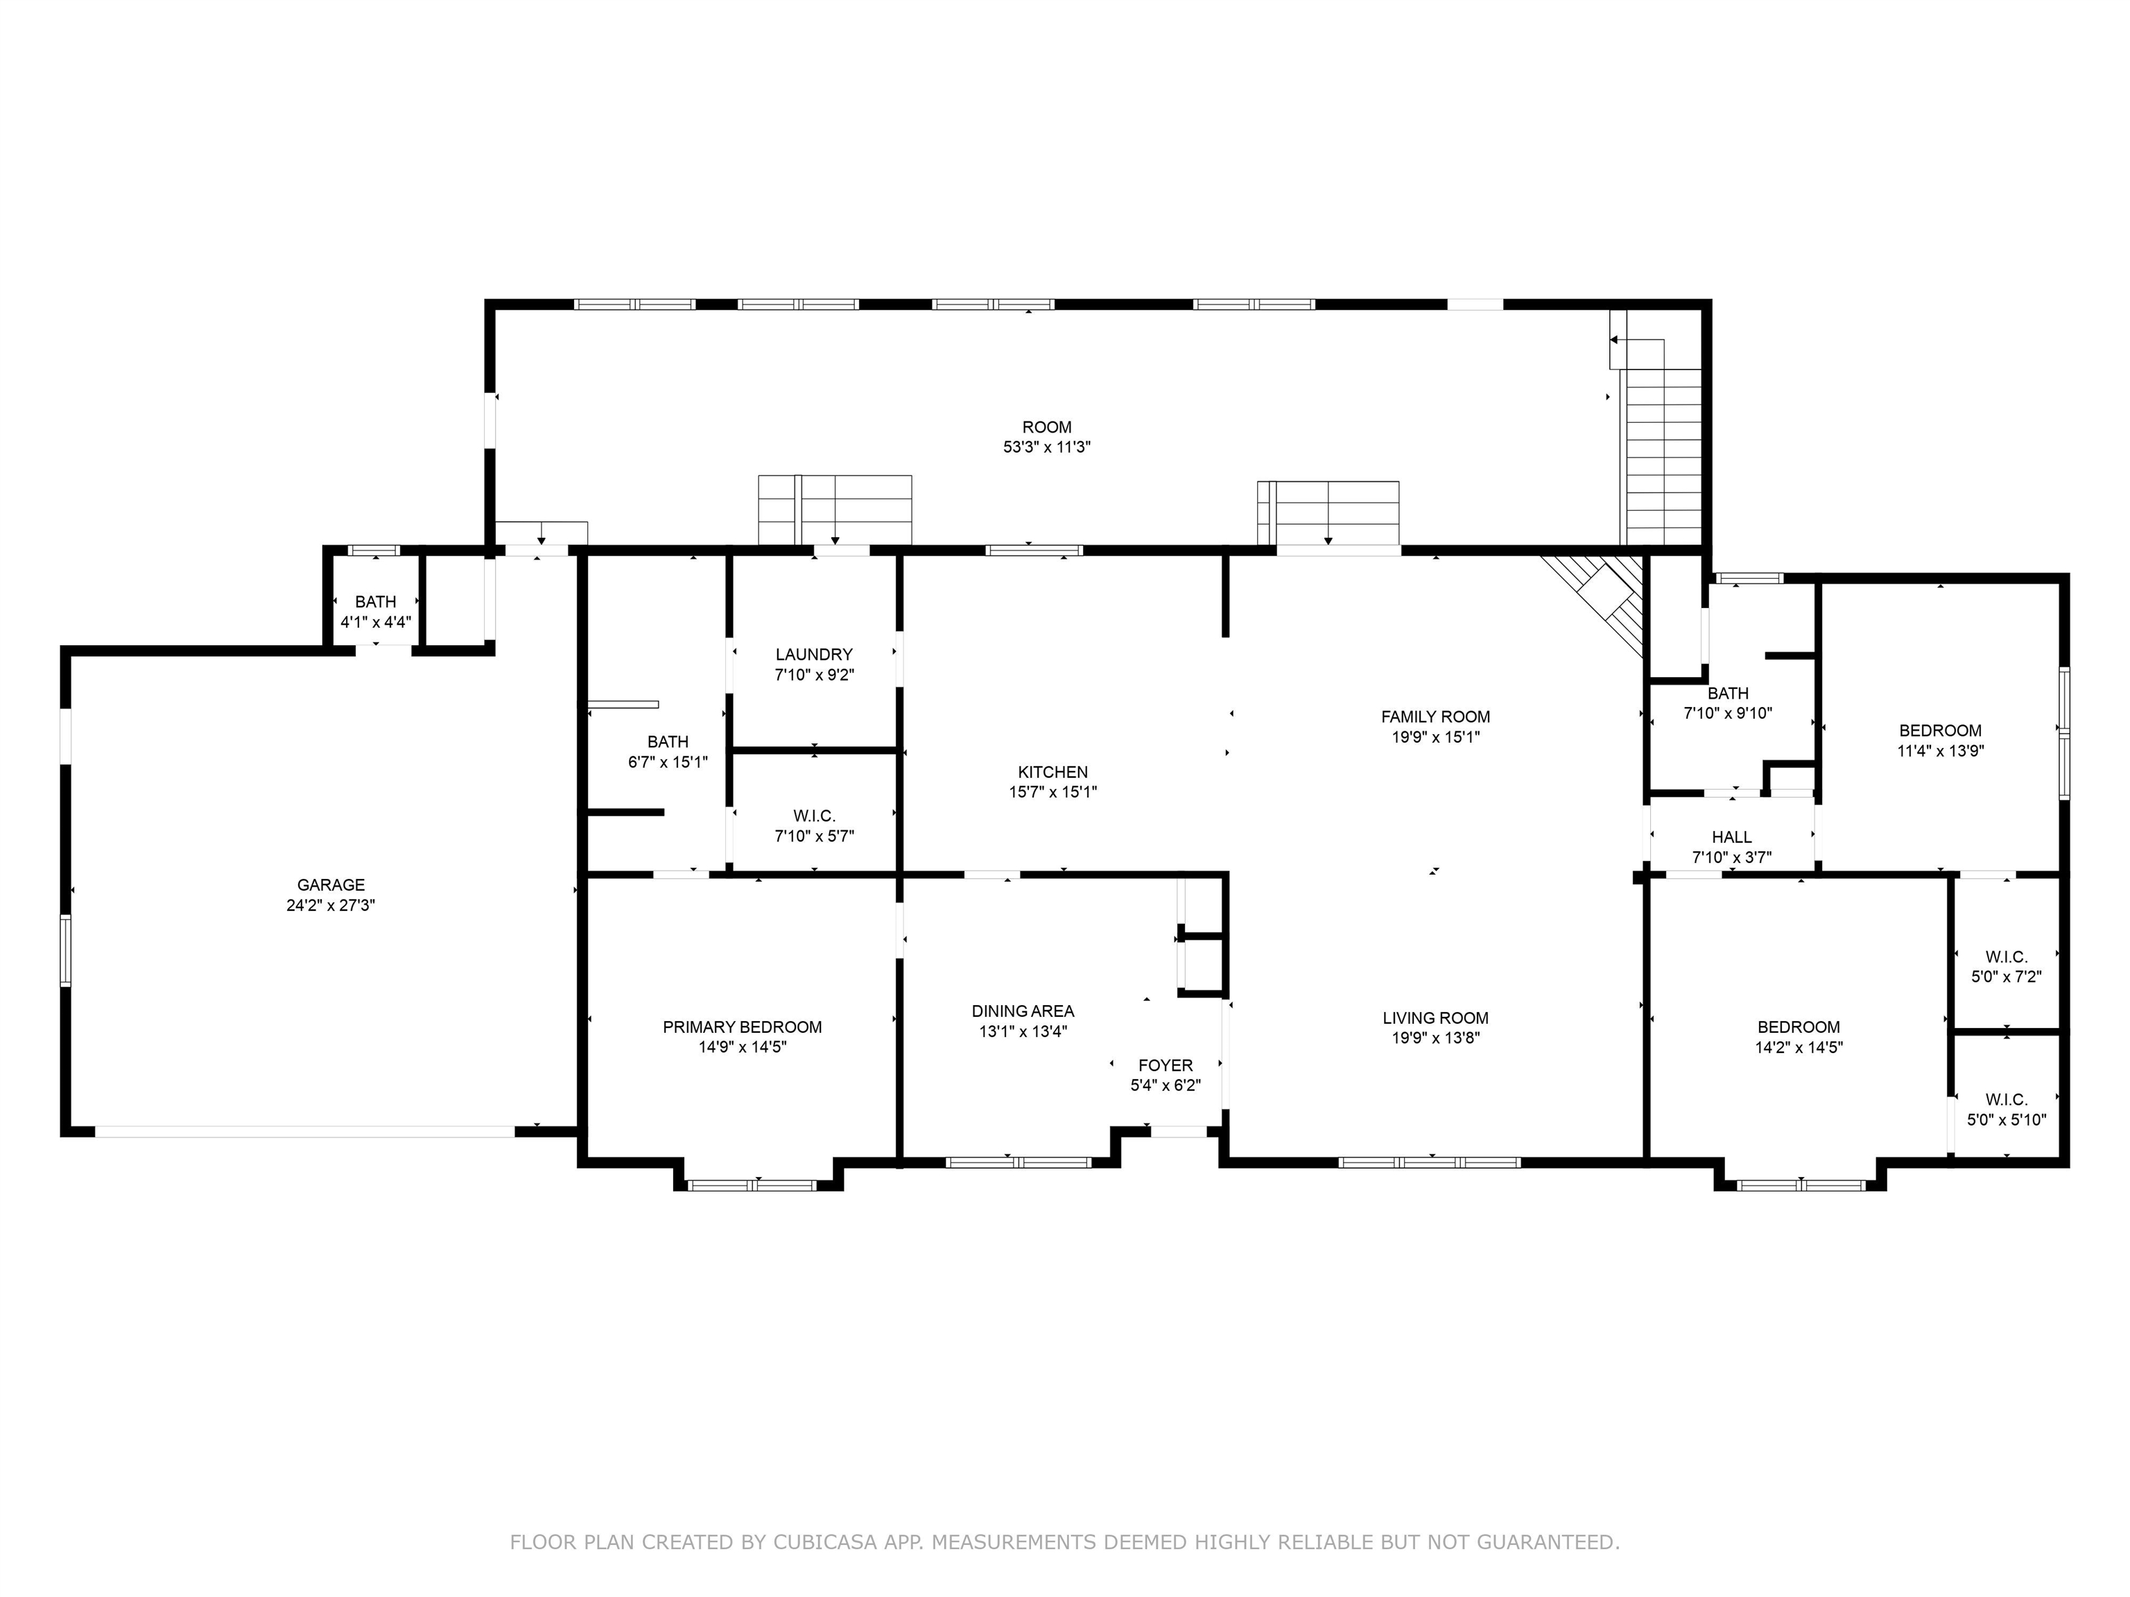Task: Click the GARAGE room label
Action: pos(330,884)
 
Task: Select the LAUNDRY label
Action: pos(814,654)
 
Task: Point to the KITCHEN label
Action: pos(1053,772)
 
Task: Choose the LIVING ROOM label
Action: pos(1435,1018)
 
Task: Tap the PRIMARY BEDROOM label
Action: pos(741,1027)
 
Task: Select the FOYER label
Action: pos(1165,1065)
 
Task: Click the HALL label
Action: pos(1731,837)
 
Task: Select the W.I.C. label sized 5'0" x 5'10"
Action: pos(2007,1099)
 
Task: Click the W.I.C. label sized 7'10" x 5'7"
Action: pos(814,817)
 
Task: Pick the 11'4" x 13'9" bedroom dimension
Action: pos(1940,751)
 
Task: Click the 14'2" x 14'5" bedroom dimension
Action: pos(1799,1047)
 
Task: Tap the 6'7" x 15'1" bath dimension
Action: pos(667,762)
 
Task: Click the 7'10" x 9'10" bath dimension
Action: pos(1727,714)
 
